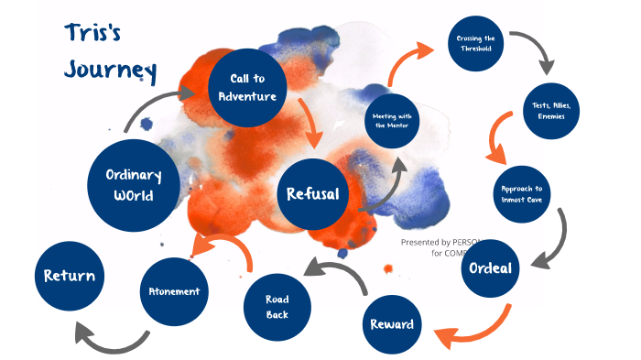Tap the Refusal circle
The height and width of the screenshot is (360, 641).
(x=312, y=194)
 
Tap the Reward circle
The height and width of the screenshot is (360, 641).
(x=392, y=323)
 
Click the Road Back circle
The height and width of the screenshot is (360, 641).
(x=277, y=307)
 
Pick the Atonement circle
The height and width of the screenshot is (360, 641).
(x=175, y=291)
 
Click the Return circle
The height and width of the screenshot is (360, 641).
(x=69, y=274)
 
